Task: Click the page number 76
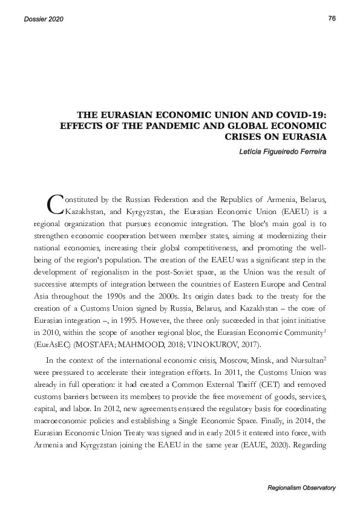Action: click(x=332, y=18)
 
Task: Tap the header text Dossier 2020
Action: click(x=44, y=19)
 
